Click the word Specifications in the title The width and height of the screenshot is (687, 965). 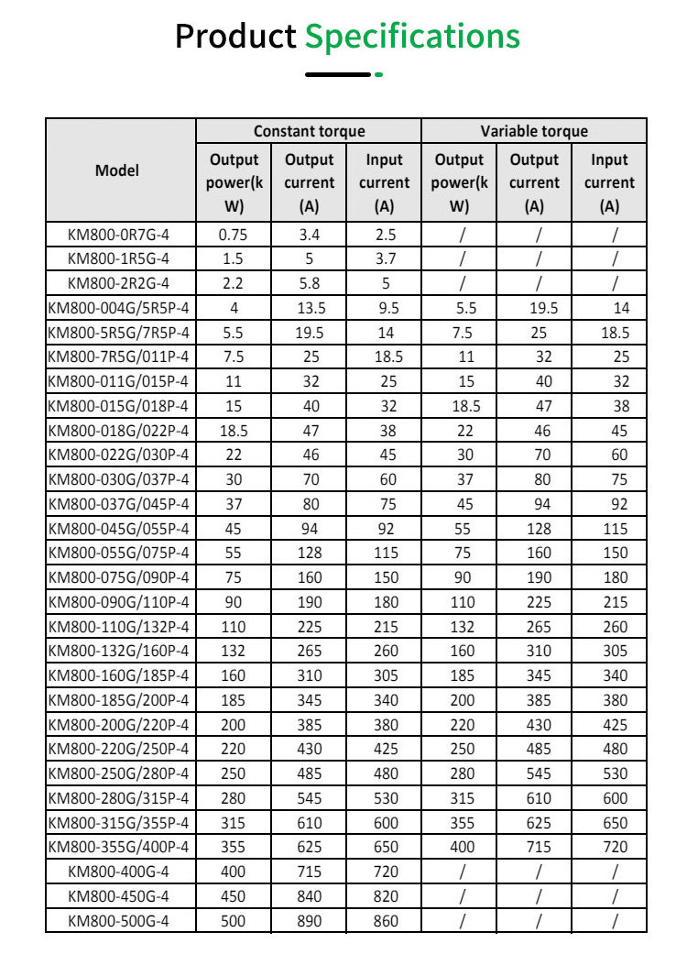[412, 37]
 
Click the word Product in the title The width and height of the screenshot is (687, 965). [235, 37]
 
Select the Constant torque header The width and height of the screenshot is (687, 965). [309, 131]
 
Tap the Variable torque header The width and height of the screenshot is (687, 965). [534, 131]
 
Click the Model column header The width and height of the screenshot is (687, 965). [117, 170]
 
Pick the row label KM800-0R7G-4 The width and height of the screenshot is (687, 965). [119, 234]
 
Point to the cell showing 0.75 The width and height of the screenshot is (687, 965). [234, 234]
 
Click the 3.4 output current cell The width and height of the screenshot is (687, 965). [309, 234]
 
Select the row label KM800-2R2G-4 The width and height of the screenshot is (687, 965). [119, 283]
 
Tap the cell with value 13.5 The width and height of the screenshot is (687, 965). [309, 308]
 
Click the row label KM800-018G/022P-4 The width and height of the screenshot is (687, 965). [119, 430]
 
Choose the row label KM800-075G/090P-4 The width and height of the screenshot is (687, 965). [119, 577]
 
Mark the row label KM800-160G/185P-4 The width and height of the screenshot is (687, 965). [119, 675]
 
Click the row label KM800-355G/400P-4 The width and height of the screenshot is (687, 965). [119, 847]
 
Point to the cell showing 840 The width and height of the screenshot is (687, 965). [309, 896]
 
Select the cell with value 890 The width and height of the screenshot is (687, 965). [309, 920]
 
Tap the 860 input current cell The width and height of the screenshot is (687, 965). [385, 920]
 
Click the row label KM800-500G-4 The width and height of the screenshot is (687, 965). [119, 920]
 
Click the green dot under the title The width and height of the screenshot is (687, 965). [378, 74]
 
